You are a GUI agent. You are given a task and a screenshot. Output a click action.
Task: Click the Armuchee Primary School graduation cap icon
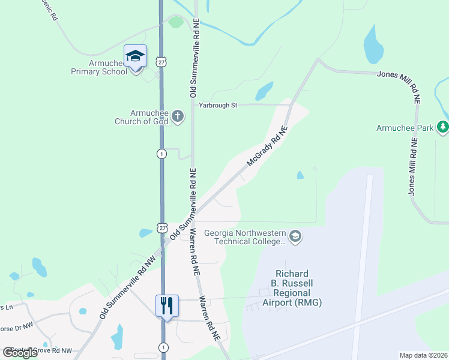pos(135,56)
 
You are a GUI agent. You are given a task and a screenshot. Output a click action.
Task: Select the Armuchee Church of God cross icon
pos(177,115)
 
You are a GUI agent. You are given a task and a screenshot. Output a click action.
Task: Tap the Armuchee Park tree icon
pos(443,127)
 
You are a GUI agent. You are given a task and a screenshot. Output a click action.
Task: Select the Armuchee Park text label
pos(405,128)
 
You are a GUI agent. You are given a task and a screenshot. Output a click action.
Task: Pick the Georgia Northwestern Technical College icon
pos(295,236)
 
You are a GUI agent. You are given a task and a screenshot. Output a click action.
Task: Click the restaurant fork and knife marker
pos(166,305)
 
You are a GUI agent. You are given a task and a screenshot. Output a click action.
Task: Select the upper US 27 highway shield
pos(161,61)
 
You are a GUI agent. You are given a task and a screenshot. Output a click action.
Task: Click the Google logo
pos(20,353)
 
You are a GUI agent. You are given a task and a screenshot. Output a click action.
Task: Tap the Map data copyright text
pos(423,355)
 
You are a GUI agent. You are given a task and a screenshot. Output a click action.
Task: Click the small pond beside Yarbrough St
pos(264,92)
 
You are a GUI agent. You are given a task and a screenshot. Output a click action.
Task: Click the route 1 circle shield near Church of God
pos(161,154)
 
